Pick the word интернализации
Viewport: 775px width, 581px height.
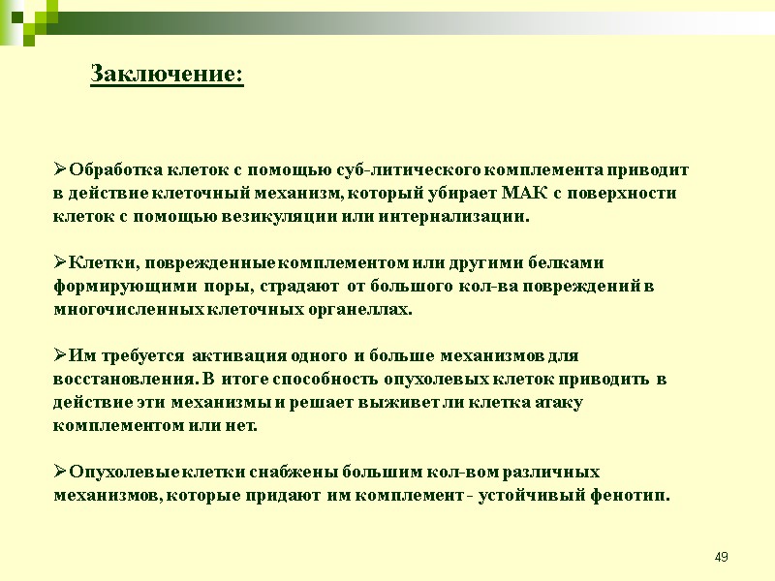pyautogui.click(x=459, y=216)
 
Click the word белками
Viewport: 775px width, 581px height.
pyautogui.click(x=572, y=262)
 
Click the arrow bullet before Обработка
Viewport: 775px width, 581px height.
pyautogui.click(x=60, y=169)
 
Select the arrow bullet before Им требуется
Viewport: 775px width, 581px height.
pyautogui.click(x=60, y=355)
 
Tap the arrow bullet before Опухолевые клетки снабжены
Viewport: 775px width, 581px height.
pyautogui.click(x=60, y=473)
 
